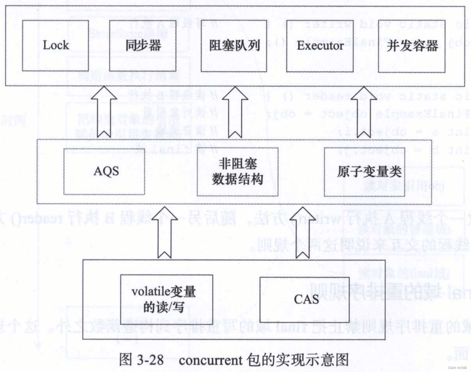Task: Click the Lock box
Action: click(56, 46)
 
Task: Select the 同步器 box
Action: click(143, 46)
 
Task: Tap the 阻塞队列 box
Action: click(234, 46)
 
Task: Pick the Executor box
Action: click(320, 46)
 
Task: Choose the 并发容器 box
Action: click(412, 46)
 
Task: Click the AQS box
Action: click(104, 171)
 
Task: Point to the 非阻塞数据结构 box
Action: click(237, 172)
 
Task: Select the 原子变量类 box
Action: click(365, 172)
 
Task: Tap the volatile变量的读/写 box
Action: click(167, 300)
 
